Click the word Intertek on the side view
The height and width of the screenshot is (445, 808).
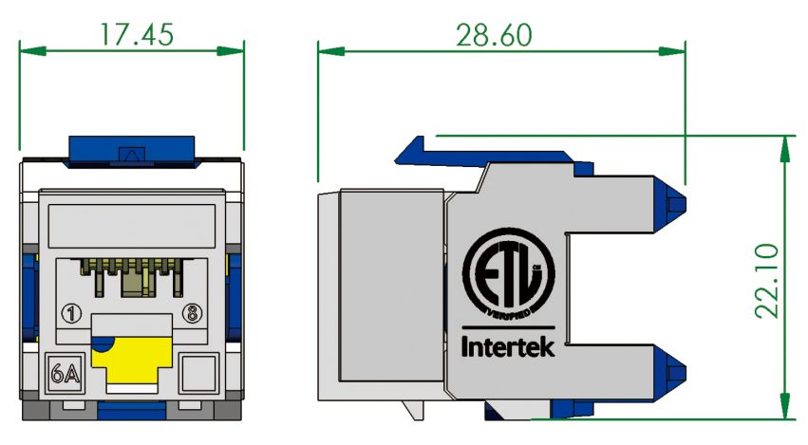pos(508,347)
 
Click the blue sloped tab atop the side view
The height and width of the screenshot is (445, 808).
pos(414,149)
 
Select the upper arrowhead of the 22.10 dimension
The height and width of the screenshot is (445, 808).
pos(784,143)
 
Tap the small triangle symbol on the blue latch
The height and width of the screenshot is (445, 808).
pos(131,151)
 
